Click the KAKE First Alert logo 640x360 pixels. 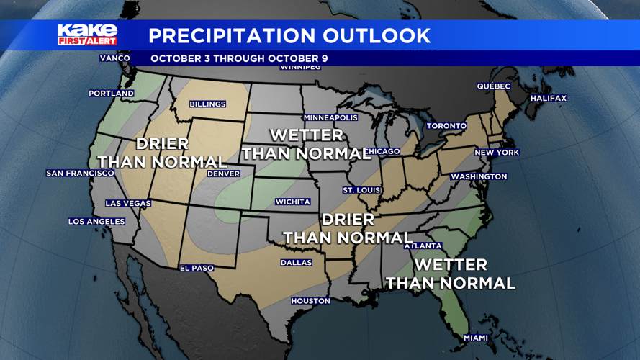coord(87,35)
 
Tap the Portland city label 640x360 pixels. coord(111,94)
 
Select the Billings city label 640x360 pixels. coord(207,104)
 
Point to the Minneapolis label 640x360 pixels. coord(330,117)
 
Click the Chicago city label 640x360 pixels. coord(382,151)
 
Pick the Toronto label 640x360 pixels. coord(446,126)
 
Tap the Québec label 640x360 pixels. coord(494,86)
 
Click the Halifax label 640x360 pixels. coord(549,98)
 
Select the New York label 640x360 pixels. coord(497,153)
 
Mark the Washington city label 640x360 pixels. coord(479,176)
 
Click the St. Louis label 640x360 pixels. coord(361,190)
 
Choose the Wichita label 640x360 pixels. coord(293,202)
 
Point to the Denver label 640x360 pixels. coord(223,174)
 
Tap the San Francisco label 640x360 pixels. coord(80,174)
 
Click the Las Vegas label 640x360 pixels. coord(128,204)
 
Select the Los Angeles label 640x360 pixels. coord(96,222)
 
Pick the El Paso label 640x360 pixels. coord(197,269)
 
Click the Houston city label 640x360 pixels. coord(310,301)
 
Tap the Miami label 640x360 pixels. coord(476,338)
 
